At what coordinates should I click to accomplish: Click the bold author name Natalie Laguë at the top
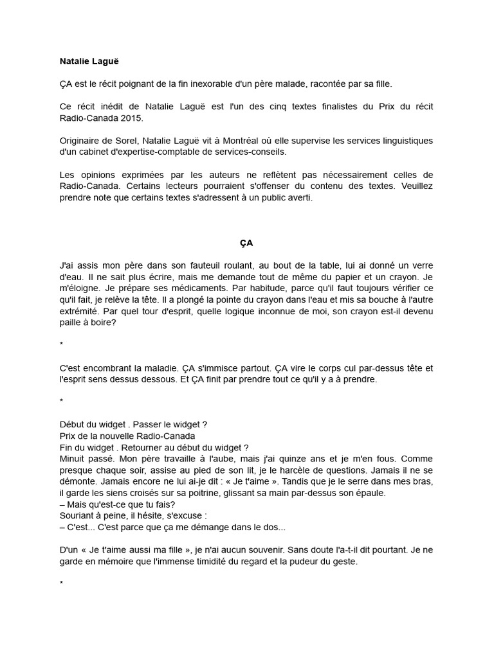[89, 62]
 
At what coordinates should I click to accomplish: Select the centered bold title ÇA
[246, 244]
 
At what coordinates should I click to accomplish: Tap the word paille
[71, 323]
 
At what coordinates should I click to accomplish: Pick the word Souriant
[77, 516]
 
